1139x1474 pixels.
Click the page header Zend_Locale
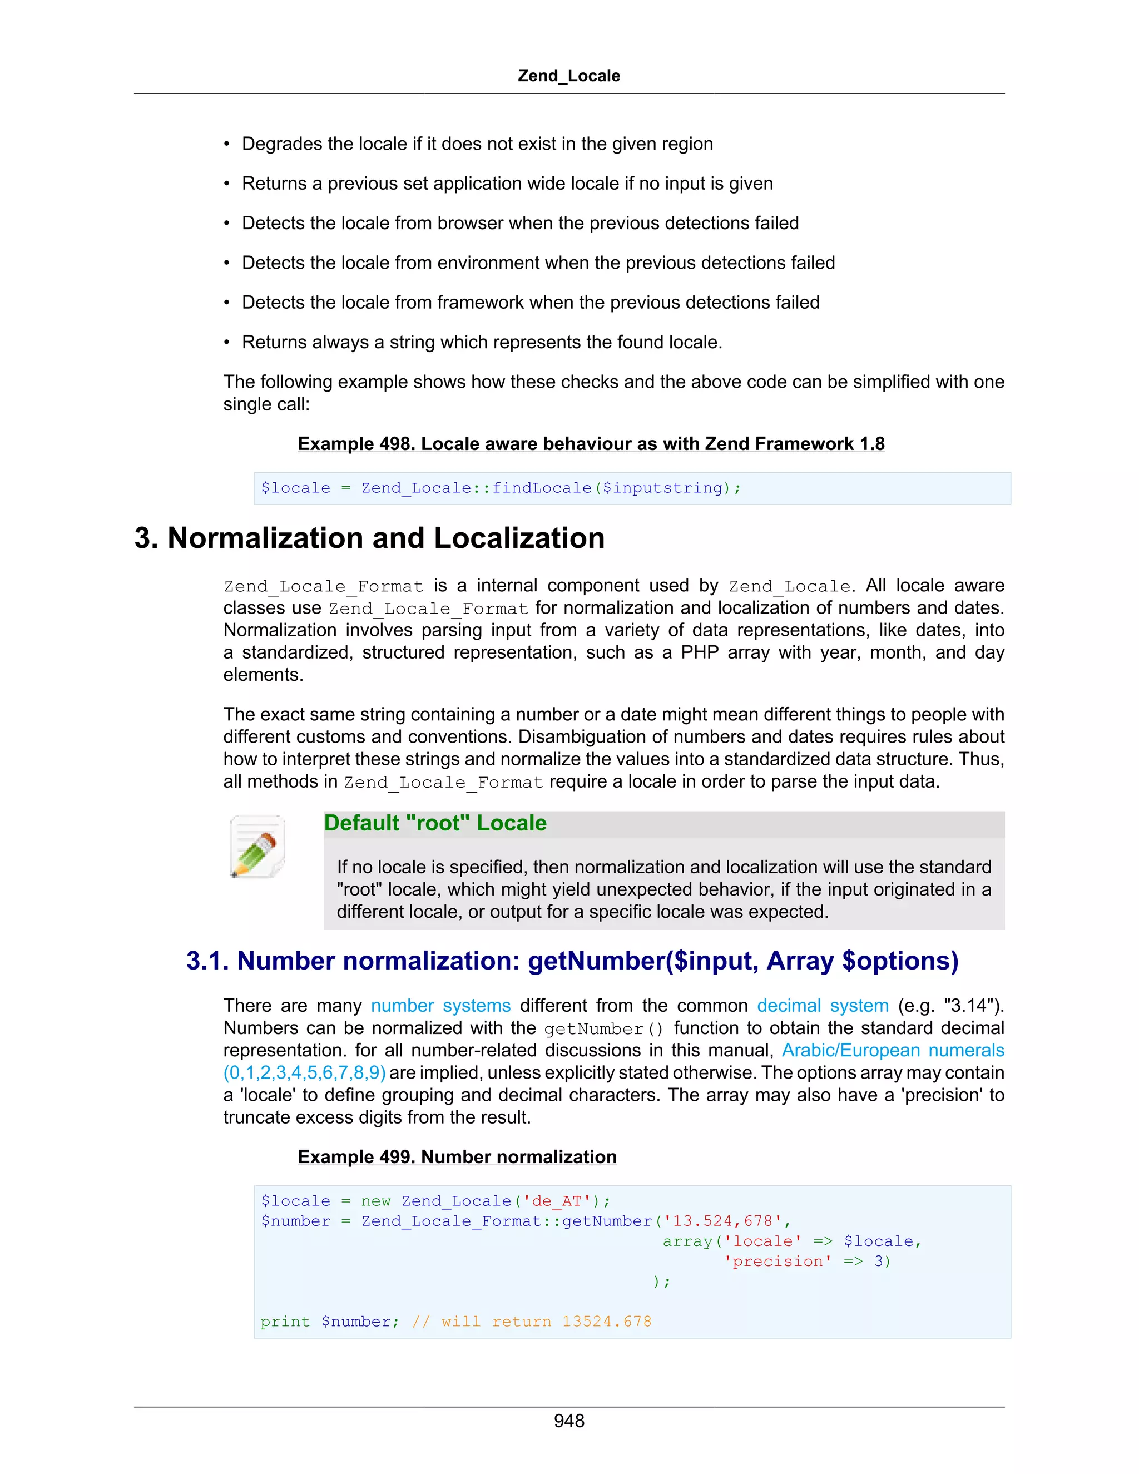[x=569, y=76]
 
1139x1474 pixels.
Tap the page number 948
[x=569, y=1421]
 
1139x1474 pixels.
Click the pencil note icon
[x=257, y=847]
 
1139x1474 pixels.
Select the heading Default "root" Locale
[x=435, y=823]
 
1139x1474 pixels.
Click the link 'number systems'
[x=440, y=1006]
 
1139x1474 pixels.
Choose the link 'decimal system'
[x=823, y=1006]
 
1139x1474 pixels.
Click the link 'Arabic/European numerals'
[x=893, y=1050]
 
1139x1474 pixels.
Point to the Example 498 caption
[x=591, y=444]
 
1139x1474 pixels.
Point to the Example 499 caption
[x=457, y=1157]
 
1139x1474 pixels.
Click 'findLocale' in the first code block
[x=541, y=488]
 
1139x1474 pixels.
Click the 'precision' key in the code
[x=778, y=1262]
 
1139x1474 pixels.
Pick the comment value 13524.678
[x=607, y=1322]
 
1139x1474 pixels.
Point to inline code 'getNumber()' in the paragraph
[x=604, y=1028]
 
